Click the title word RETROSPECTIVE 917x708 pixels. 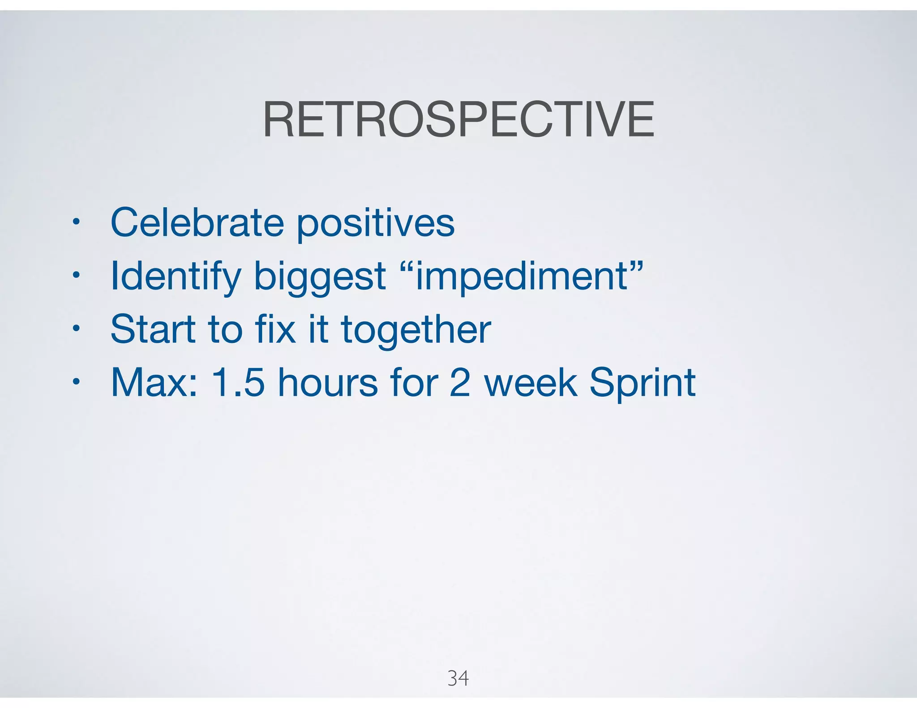458,120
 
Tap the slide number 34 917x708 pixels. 458,678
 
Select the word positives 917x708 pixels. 375,225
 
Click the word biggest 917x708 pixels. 320,277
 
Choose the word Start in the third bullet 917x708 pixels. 153,329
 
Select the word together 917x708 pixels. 416,331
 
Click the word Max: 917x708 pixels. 154,383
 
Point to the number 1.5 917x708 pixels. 238,383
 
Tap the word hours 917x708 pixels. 328,383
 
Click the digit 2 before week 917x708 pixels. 459,383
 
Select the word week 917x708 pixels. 531,383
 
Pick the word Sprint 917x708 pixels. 642,384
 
